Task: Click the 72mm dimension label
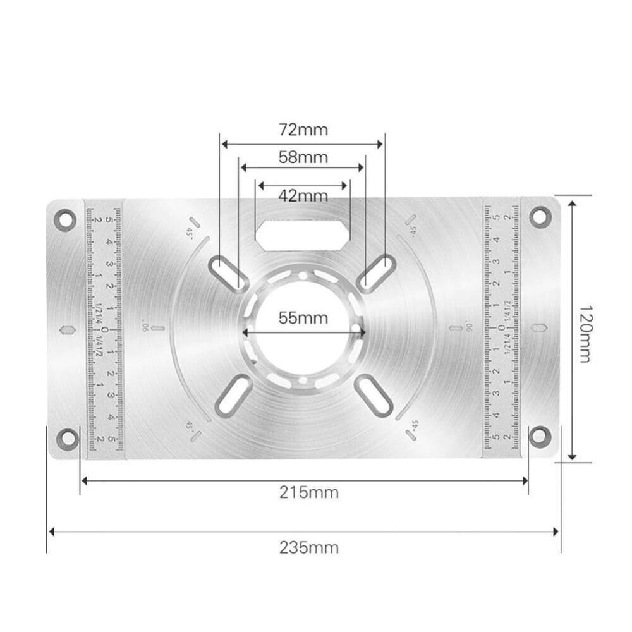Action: pyautogui.click(x=303, y=130)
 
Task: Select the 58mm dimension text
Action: pyautogui.click(x=303, y=157)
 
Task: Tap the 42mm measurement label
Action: pyautogui.click(x=303, y=195)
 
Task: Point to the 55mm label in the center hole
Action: pyautogui.click(x=303, y=318)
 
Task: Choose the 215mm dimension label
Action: pyautogui.click(x=308, y=492)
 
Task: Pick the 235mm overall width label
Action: pyautogui.click(x=308, y=547)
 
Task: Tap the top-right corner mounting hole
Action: pyautogui.click(x=540, y=217)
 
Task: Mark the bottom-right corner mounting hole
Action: pyautogui.click(x=540, y=435)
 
